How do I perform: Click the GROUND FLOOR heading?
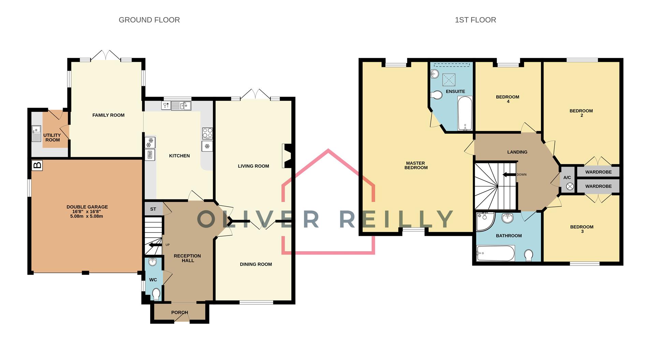click(x=149, y=20)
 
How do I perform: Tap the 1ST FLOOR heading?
click(x=475, y=20)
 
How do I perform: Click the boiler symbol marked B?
click(x=37, y=166)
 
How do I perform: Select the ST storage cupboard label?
click(x=153, y=209)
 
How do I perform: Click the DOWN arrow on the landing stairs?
click(x=509, y=175)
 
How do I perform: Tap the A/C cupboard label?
click(x=567, y=178)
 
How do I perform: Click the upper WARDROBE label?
click(x=598, y=172)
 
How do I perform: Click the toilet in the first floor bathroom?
click(x=528, y=255)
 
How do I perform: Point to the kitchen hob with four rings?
click(x=207, y=133)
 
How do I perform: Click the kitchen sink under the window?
click(x=181, y=106)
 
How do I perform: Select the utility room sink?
click(x=36, y=133)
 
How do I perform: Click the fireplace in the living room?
click(x=287, y=156)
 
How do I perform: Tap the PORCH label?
click(x=179, y=312)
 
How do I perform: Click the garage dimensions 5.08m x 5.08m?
click(x=87, y=216)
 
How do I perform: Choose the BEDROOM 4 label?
click(x=507, y=99)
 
